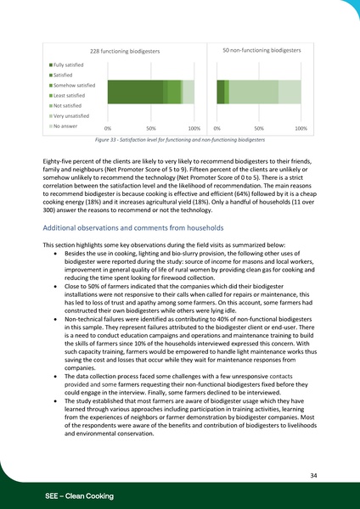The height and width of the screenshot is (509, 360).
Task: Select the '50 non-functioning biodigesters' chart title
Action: pos(262,51)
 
